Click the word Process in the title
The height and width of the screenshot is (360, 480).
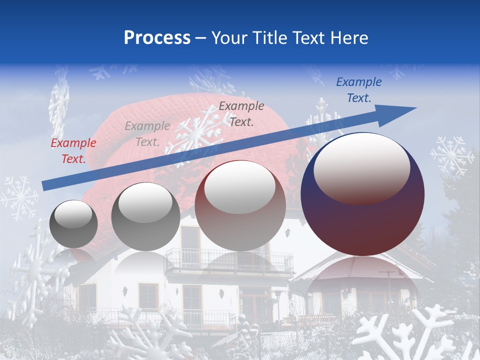coord(157,38)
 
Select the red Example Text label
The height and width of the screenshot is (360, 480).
coord(73,151)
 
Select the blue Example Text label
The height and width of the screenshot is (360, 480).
coord(359,90)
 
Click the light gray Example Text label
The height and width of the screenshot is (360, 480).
coord(147,134)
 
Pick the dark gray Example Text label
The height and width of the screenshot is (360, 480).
coord(241,113)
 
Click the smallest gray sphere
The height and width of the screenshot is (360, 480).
coord(74,224)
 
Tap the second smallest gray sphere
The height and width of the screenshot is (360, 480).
coord(145,217)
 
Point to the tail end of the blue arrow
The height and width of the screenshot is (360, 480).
coord(45,185)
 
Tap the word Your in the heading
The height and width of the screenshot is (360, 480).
coord(229,38)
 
